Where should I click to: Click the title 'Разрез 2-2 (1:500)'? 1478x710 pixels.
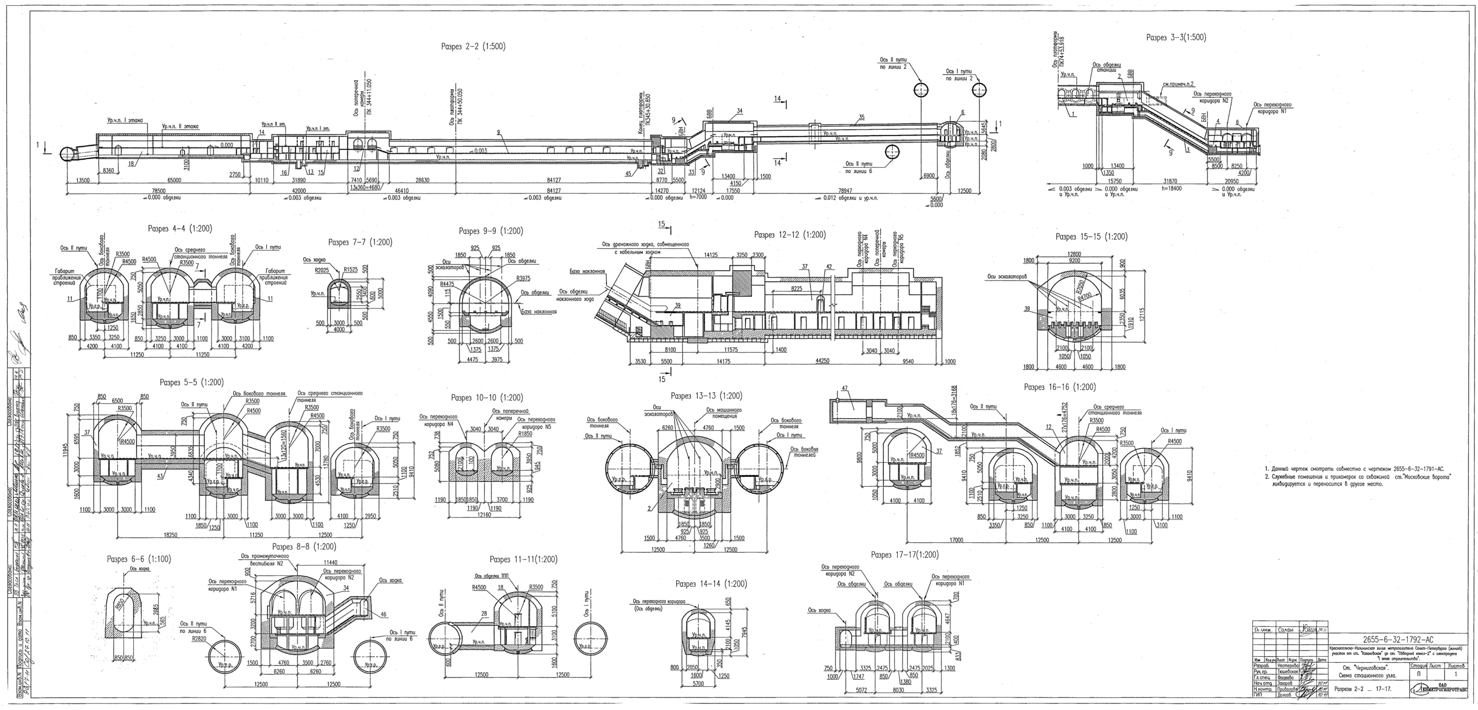473,46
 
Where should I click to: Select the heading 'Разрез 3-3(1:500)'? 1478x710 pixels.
1176,37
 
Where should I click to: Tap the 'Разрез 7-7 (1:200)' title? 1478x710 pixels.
360,242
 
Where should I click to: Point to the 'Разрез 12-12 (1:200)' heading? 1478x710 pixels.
790,235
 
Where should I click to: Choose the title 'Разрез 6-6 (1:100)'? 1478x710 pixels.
139,559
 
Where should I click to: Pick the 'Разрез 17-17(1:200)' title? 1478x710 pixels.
905,555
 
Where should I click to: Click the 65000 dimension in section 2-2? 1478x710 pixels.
174,180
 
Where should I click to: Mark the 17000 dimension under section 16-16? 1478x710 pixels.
956,540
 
